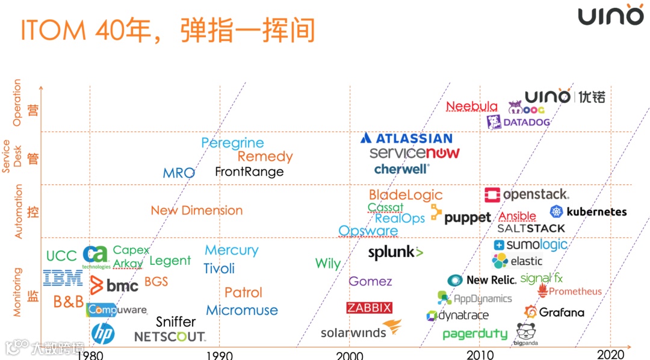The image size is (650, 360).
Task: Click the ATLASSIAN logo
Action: (x=406, y=138)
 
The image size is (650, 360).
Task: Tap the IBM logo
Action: (x=63, y=278)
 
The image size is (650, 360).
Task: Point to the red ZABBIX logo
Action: (x=370, y=308)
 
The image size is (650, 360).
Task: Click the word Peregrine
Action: (x=232, y=143)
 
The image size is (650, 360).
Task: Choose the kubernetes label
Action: (x=588, y=212)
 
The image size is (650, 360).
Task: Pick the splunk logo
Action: (x=395, y=252)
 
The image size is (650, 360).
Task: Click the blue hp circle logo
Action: (x=103, y=334)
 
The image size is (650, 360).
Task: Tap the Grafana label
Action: (x=554, y=312)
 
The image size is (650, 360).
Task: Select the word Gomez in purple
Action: (x=370, y=281)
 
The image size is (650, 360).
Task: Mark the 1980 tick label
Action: (x=90, y=354)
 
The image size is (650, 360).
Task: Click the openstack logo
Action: (x=527, y=195)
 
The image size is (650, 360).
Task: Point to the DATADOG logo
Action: (x=518, y=122)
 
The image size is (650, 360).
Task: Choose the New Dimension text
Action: (x=197, y=211)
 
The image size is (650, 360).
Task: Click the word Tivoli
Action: (x=219, y=268)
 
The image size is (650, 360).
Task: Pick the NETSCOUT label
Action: (x=170, y=337)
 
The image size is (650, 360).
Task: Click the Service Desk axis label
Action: (x=11, y=157)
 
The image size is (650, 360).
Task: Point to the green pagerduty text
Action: (x=475, y=334)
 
